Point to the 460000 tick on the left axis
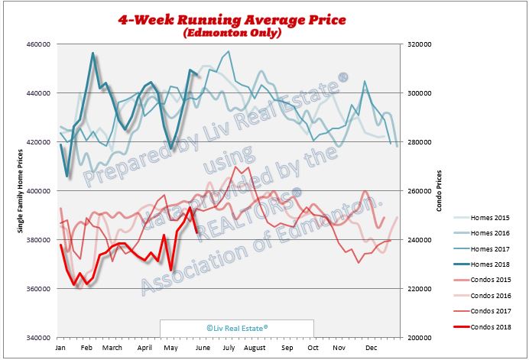38,44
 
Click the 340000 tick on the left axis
38,338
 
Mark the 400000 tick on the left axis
38,191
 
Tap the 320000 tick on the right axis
418,44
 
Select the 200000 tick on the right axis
418,338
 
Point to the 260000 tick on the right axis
418,191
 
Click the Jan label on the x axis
59,348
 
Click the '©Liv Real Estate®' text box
237,327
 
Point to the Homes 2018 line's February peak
92,54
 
